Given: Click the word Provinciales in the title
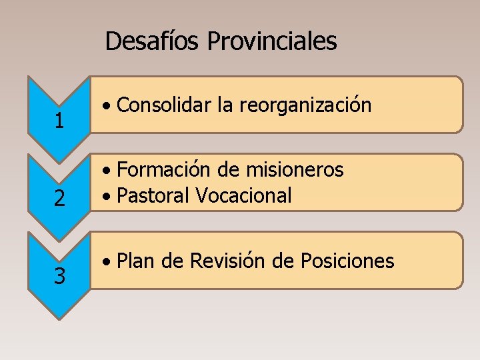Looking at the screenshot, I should click(272, 42).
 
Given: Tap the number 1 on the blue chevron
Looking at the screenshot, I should click(59, 121).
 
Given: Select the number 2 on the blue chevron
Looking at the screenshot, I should click(59, 199).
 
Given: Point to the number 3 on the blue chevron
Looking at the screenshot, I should click(59, 276).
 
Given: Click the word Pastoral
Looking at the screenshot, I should click(154, 195).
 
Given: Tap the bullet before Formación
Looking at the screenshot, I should click(107, 171).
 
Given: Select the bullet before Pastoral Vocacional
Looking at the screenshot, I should click(107, 197).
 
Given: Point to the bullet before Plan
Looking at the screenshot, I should click(107, 262).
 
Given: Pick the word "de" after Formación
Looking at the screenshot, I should click(229, 170).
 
